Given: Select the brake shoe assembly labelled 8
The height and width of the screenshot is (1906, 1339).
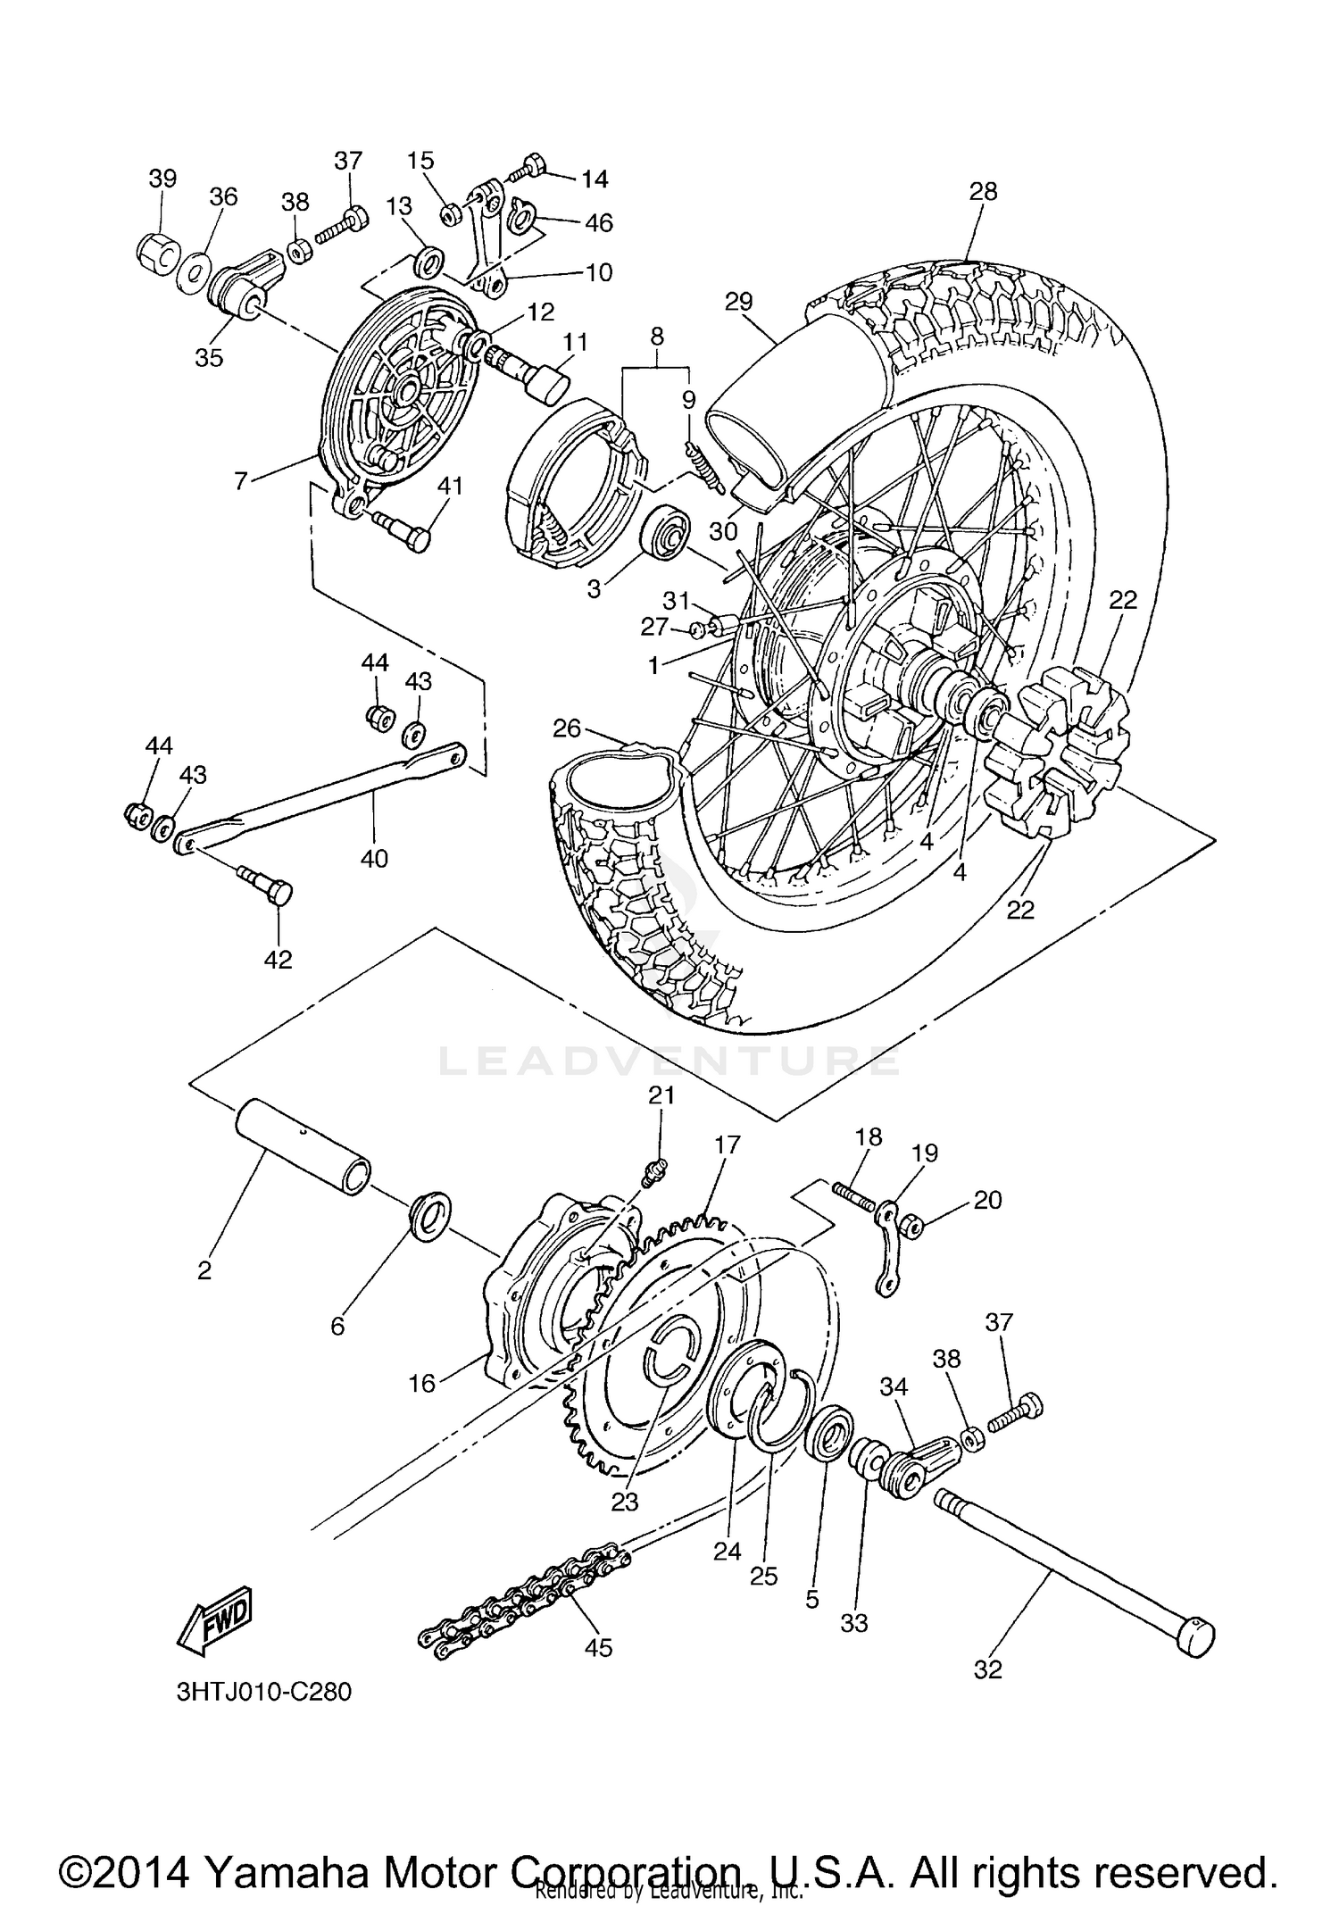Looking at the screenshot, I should (x=576, y=482).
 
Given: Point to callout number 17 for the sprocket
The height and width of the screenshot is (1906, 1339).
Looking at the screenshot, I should (x=727, y=1145).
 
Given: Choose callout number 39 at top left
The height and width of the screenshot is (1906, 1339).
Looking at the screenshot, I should (x=162, y=178).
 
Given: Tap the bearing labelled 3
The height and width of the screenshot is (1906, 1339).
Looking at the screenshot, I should (x=665, y=534).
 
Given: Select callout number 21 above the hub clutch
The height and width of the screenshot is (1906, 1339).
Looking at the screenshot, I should (x=661, y=1095).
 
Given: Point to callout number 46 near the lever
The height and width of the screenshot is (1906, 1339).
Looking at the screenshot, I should (x=599, y=222).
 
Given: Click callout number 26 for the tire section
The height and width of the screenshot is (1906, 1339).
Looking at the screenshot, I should (x=566, y=728).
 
